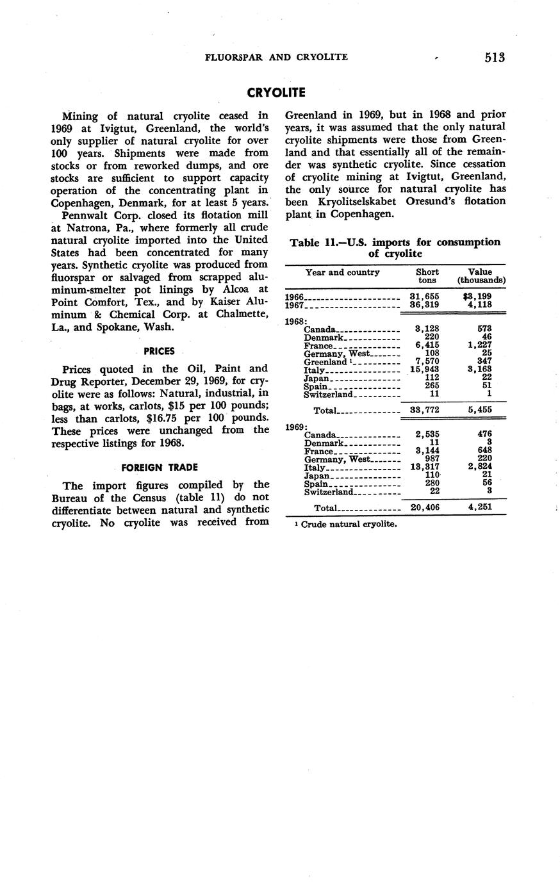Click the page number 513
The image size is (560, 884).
[x=495, y=58]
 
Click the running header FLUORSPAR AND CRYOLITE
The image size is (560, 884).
[x=276, y=57]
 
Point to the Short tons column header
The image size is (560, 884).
[x=427, y=276]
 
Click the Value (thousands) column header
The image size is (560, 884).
[x=481, y=276]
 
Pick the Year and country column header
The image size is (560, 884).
[x=343, y=272]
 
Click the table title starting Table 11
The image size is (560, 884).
[x=395, y=248]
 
